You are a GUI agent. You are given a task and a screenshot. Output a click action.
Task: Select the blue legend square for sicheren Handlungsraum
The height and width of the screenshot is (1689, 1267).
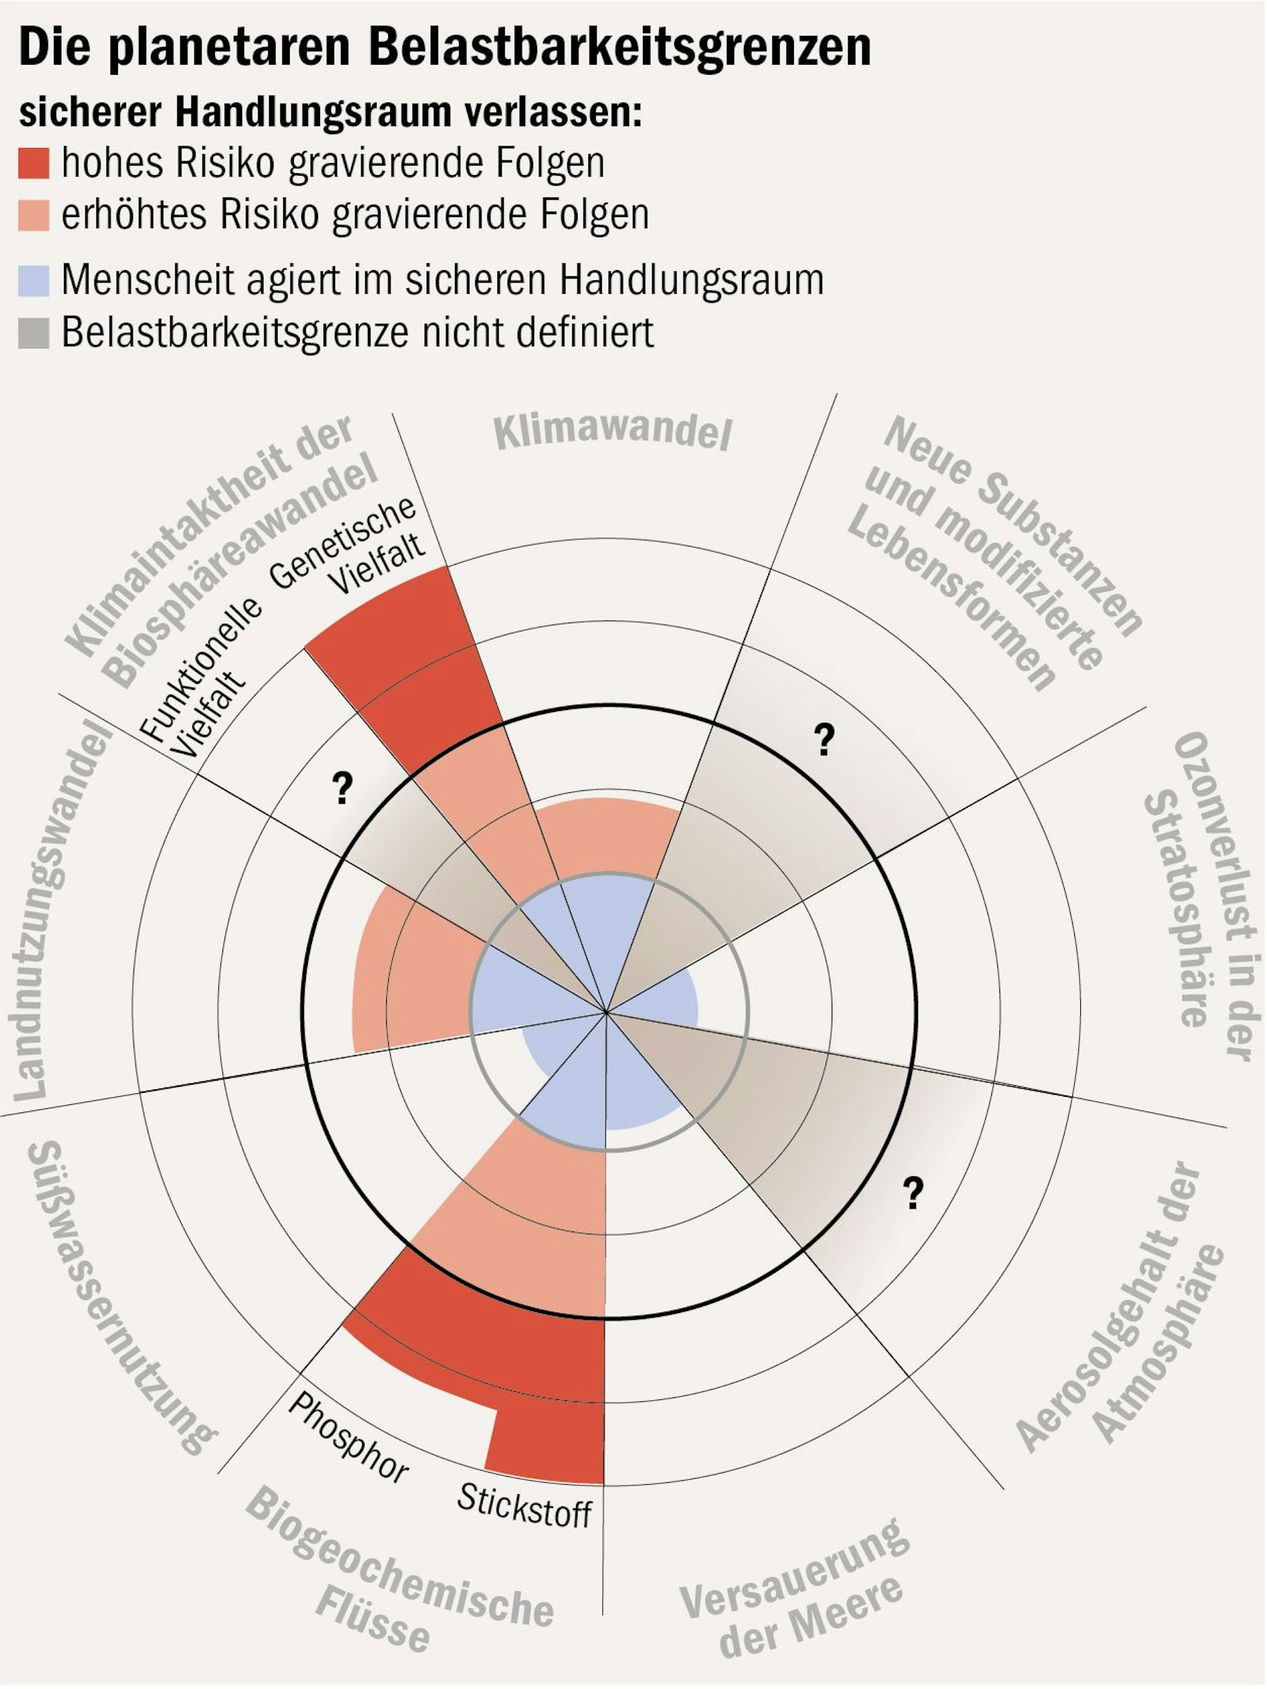(x=34, y=280)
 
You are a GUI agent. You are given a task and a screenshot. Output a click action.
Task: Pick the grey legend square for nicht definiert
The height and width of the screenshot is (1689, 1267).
(x=34, y=332)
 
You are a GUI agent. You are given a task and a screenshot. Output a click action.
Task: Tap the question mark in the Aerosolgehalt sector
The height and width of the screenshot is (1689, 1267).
(x=913, y=1192)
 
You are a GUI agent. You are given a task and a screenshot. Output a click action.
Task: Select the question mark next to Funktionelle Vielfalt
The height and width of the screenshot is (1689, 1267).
(x=342, y=788)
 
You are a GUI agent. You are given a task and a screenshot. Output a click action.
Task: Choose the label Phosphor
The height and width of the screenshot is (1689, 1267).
(x=348, y=1438)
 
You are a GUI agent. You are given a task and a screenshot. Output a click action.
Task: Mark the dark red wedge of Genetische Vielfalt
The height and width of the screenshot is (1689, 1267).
(x=412, y=664)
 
